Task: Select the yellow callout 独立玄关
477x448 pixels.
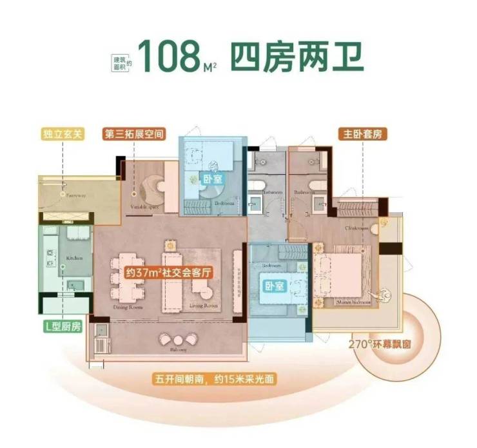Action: [x=63, y=136]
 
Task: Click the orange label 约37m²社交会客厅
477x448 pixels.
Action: [x=169, y=272]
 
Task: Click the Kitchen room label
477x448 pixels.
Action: [x=75, y=258]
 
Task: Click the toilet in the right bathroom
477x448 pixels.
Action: [x=315, y=185]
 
